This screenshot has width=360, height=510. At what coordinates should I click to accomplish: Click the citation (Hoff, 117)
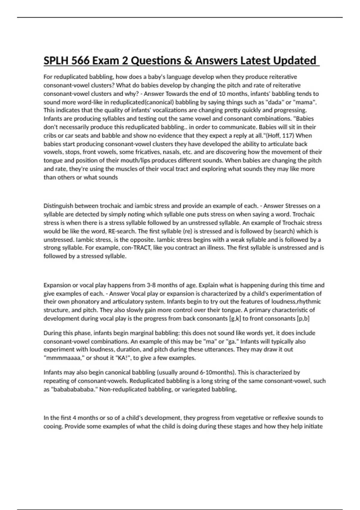pyautogui.click(x=279, y=135)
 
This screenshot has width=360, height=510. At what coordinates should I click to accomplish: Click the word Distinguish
pyautogui.click(x=58, y=206)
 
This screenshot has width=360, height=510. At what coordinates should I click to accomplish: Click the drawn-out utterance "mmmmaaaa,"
pyautogui.click(x=64, y=358)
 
